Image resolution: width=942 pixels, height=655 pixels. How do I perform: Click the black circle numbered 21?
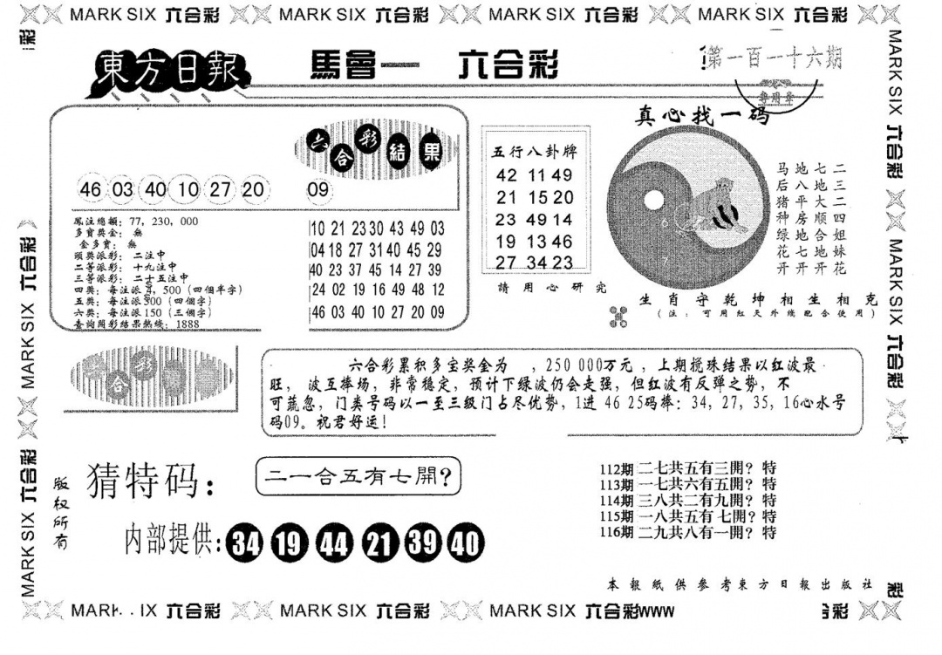[x=377, y=543]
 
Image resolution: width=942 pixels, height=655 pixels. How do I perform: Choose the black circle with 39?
[x=420, y=543]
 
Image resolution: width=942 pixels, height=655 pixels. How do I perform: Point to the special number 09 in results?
[x=318, y=191]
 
